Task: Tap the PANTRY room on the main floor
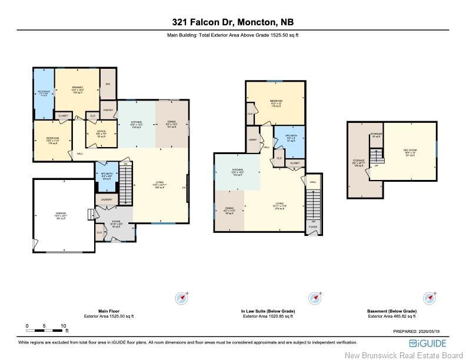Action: [x=108, y=110]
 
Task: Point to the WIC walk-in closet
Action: [x=108, y=84]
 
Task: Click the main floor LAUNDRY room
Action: [x=106, y=200]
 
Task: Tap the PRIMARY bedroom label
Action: [x=77, y=89]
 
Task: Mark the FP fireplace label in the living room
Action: [x=184, y=189]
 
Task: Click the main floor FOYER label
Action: [x=116, y=223]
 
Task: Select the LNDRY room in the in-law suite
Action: [x=252, y=140]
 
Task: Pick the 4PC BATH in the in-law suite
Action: [x=289, y=139]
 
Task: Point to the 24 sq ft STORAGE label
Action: [x=376, y=135]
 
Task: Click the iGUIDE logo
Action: [x=428, y=343]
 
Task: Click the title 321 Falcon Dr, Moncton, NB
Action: [x=233, y=22]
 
